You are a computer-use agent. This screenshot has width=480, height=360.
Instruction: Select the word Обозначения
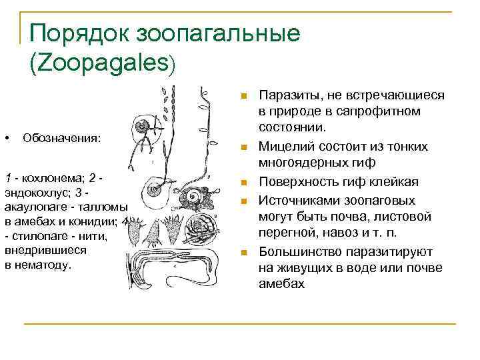(x=62, y=138)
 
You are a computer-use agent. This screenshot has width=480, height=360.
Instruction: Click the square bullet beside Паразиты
(x=245, y=96)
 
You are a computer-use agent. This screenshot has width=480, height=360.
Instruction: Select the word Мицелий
(x=283, y=146)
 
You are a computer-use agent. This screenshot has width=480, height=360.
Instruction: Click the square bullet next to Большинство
(x=245, y=252)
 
